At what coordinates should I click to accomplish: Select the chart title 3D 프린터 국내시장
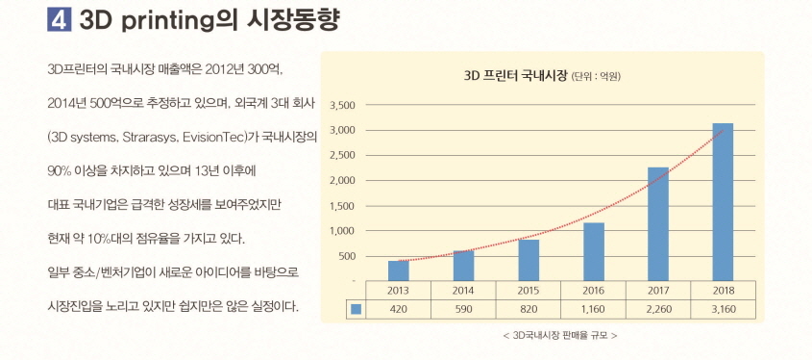tap(515, 75)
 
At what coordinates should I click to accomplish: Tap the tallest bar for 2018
tap(723, 201)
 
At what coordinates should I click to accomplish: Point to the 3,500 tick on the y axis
tap(342, 105)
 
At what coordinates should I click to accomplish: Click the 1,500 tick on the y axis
tap(342, 206)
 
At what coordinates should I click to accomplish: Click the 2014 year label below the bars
tap(463, 289)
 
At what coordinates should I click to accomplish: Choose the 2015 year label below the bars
tap(528, 289)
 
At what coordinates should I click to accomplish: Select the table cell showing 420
tap(398, 310)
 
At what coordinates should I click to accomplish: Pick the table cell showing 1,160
tap(593, 310)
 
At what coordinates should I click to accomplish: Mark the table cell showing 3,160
tap(723, 310)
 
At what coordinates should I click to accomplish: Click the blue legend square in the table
tap(356, 310)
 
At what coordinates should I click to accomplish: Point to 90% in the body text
tap(60, 170)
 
